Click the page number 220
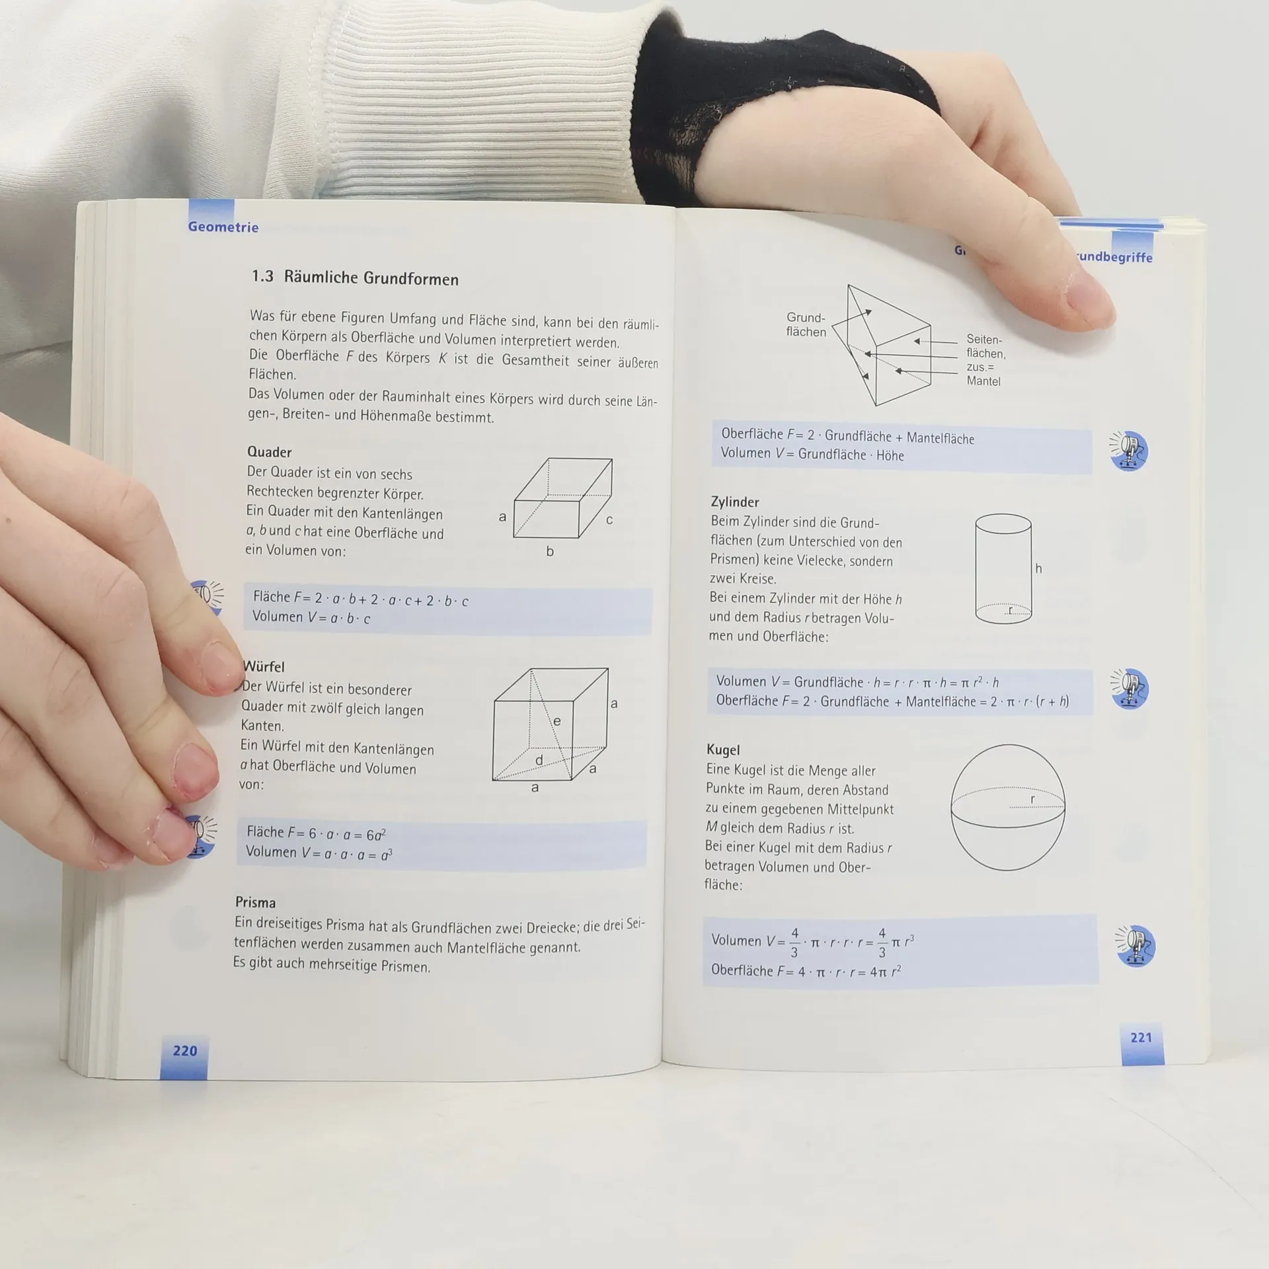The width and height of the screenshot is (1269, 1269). coord(185,1050)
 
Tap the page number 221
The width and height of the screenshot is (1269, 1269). coord(1141,1037)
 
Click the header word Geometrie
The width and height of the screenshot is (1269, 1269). coord(223,227)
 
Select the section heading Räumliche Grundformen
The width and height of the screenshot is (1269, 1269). coord(371,278)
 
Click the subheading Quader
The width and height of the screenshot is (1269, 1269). coord(269,452)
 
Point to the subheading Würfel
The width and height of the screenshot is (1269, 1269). coord(264,666)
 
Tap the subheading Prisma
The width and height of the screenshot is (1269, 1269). coord(255,902)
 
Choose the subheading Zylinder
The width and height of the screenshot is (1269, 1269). coord(735,502)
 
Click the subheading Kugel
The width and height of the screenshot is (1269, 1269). coord(723,750)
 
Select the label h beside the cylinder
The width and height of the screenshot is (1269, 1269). coord(1038,568)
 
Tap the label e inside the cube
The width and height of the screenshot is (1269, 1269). coord(557,721)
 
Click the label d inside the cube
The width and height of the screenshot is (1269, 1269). coord(539,760)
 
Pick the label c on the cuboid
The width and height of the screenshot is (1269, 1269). coord(609,520)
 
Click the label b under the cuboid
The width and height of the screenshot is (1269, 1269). coord(550,551)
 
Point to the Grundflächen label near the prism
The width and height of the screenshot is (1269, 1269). coord(806,325)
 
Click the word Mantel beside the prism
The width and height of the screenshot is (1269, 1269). coord(983,381)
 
